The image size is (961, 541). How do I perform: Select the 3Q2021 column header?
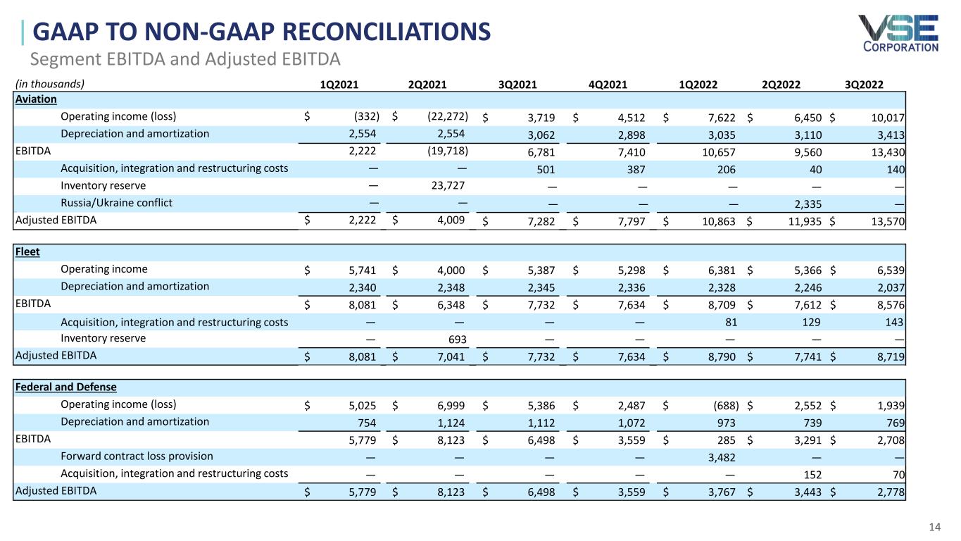point(517,85)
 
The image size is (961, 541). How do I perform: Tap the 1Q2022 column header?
point(698,85)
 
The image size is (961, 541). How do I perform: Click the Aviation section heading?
point(35,99)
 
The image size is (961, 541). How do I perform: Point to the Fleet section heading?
point(27,251)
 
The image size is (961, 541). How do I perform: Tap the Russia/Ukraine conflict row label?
point(117,203)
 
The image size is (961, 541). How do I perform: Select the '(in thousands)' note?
point(49,84)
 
